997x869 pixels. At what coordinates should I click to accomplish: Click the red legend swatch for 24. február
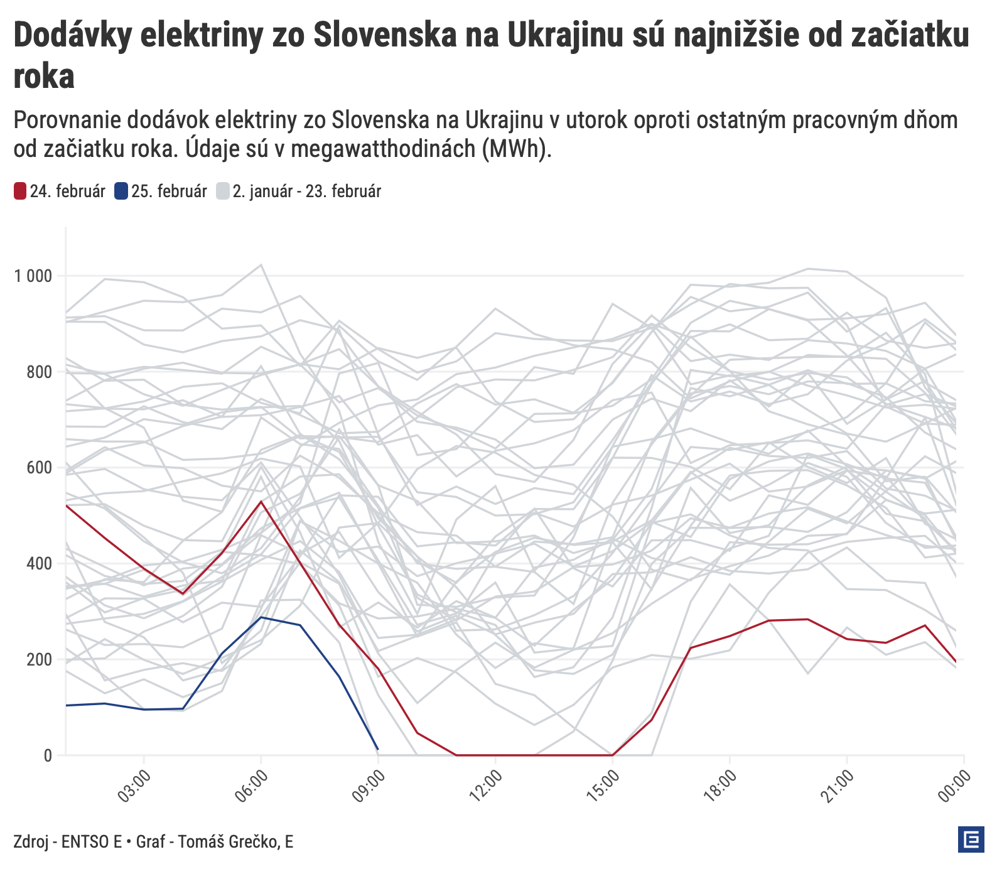(20, 192)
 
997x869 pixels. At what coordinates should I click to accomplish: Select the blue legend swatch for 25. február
(121, 192)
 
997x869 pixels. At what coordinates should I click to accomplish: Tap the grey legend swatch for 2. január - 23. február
(223, 192)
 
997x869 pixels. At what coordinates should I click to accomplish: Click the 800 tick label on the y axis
(39, 372)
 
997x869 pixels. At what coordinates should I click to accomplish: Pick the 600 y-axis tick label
(39, 468)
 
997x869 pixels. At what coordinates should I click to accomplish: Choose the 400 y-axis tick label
(39, 564)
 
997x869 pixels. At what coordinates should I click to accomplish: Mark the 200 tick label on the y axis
(39, 659)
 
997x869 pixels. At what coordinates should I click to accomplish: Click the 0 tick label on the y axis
(48, 755)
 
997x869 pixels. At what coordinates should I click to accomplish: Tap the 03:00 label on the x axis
(135, 786)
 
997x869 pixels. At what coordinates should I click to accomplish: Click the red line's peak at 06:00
(261, 501)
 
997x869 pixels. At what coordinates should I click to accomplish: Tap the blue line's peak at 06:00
(261, 617)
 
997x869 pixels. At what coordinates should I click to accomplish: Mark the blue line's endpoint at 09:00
(377, 749)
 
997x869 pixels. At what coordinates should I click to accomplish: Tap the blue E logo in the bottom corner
(971, 840)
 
